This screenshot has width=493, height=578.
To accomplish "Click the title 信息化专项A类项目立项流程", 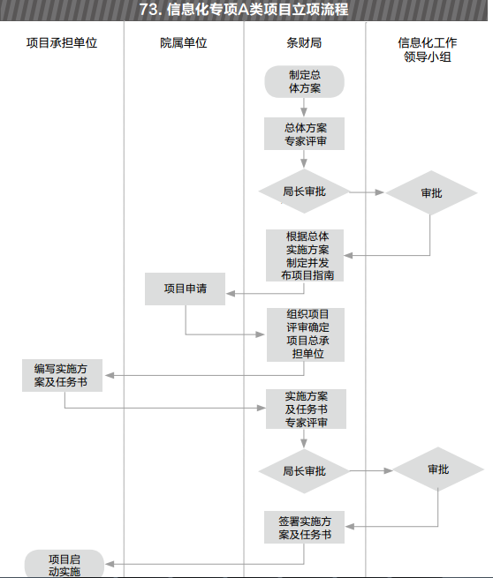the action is tap(244, 10).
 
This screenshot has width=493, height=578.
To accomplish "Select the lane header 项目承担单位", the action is tap(62, 42).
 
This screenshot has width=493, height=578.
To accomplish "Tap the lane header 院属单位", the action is tap(184, 42).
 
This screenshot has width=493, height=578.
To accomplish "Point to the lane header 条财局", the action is tap(304, 42).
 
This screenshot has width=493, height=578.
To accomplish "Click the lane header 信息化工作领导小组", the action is tap(428, 49).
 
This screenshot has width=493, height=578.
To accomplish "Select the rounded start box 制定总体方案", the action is tap(305, 82).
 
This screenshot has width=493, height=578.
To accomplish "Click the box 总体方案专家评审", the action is tap(305, 134).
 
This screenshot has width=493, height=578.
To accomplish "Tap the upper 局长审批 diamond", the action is tap(304, 191).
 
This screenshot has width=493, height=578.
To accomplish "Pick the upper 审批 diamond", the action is tap(431, 192).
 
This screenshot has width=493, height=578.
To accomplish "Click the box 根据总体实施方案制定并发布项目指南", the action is tap(305, 255).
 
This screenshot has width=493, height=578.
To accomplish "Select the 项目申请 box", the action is tap(185, 289).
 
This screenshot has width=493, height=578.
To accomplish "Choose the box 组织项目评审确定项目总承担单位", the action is tap(306, 334).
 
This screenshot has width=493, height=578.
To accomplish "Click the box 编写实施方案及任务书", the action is tap(62, 375).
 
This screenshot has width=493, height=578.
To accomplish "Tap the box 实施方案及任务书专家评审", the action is tap(306, 409).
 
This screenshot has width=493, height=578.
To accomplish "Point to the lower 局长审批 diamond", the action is tap(304, 471).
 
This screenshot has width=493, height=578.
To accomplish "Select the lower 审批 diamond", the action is tap(438, 469).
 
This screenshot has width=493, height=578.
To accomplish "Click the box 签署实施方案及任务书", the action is tap(305, 527).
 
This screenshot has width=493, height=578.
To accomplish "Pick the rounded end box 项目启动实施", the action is tap(64, 564).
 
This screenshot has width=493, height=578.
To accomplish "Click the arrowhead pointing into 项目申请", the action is tap(231, 294).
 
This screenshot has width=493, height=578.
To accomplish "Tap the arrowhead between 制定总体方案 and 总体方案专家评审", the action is tap(304, 112).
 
